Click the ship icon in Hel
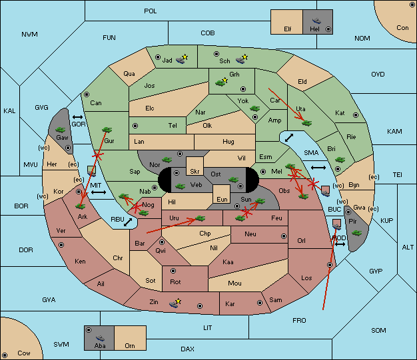point(316,21)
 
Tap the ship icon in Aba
point(101,338)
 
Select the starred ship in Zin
point(175,303)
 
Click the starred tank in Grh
point(222,82)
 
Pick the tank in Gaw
point(61,130)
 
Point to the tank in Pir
point(356,233)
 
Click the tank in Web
point(181,186)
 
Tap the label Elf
point(288,29)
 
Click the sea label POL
point(151,11)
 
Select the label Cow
point(24,353)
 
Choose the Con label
point(402,28)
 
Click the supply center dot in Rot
point(173,271)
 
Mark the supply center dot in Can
point(87,94)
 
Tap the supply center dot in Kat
point(356,115)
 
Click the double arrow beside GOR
point(77,117)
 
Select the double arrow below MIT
point(99,192)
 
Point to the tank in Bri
point(340,160)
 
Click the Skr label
point(195,172)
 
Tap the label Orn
point(130,345)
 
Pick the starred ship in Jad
point(181,59)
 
